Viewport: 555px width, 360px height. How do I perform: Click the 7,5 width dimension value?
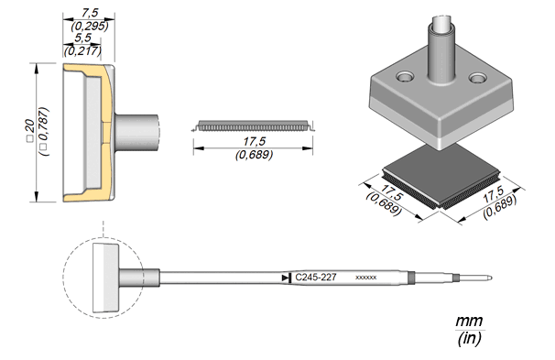point(90,13)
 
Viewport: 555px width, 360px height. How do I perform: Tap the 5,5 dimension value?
point(82,38)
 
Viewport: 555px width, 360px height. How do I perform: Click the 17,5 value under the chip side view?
point(254,142)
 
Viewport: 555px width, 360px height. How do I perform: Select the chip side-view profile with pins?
point(253,125)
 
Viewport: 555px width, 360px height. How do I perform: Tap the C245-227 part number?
point(316,278)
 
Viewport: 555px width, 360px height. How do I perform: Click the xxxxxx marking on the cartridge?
point(365,278)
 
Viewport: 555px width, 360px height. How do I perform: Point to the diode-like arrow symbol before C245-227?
point(287,278)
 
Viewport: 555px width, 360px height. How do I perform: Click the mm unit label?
point(469,321)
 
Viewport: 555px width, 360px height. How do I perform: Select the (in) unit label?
point(469,338)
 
